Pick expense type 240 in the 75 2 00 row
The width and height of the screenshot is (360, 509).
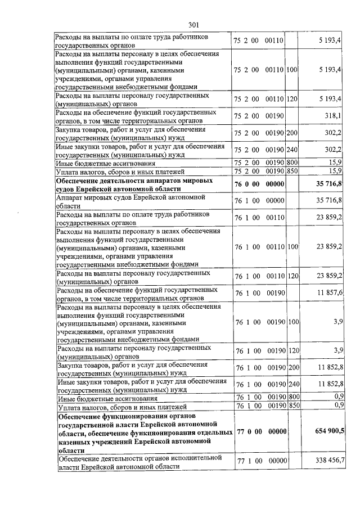click(x=292, y=150)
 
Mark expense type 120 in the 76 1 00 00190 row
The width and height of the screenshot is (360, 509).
click(x=292, y=350)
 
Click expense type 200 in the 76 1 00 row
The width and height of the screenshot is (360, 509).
click(x=292, y=368)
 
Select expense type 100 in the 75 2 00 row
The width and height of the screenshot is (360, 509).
click(x=292, y=70)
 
